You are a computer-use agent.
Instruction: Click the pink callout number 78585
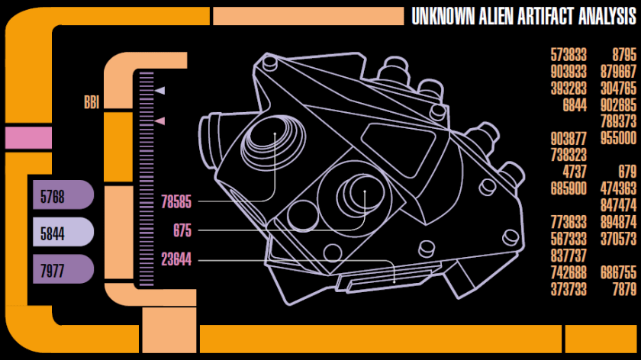coord(176,202)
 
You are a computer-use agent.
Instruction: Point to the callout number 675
coord(182,231)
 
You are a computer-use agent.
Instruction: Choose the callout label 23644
coord(176,260)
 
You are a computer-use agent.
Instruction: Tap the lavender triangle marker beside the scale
coord(160,92)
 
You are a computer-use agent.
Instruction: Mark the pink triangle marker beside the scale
coord(160,121)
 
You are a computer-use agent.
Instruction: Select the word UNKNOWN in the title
coord(442,17)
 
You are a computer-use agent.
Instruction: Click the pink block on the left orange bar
coord(27,138)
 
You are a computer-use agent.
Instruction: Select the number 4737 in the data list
coord(575,172)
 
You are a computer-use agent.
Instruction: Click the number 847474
coord(618,205)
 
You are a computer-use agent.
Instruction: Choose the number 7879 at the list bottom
coord(623,289)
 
